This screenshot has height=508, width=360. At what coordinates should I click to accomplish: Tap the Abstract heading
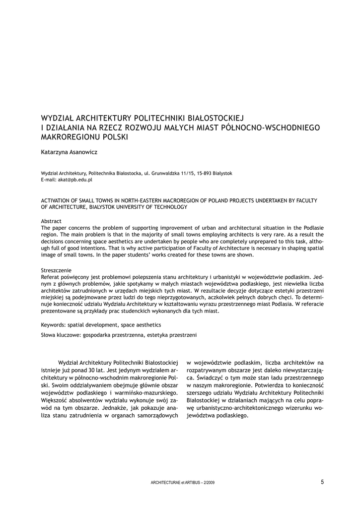pyautogui.click(x=51, y=221)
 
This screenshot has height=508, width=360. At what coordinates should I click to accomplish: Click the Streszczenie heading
pyautogui.click(x=57, y=270)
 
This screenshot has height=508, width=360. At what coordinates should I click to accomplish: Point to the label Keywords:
pyautogui.click(x=54, y=325)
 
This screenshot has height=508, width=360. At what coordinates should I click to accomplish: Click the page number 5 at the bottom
pyautogui.click(x=322, y=482)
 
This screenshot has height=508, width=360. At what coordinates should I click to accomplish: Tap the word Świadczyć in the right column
pyautogui.click(x=200, y=378)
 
